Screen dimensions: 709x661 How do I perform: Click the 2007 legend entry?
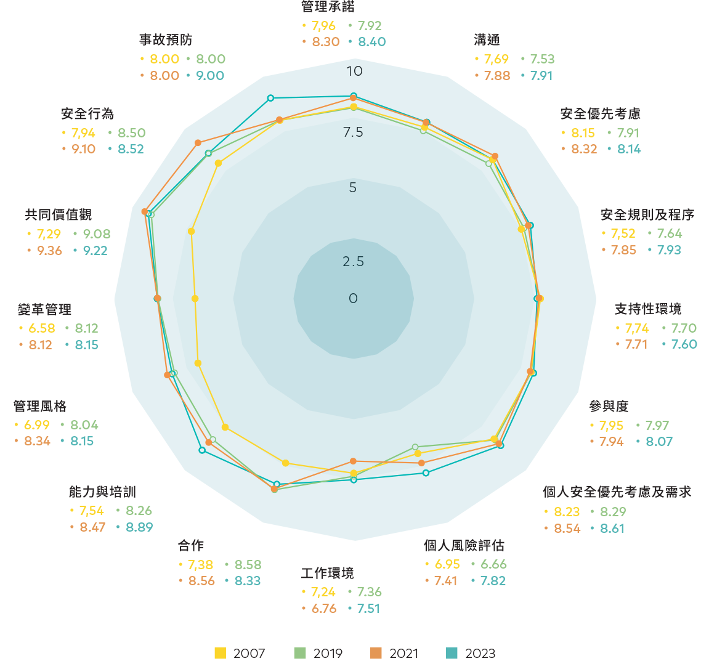(240, 653)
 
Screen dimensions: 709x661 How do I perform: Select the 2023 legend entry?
(471, 653)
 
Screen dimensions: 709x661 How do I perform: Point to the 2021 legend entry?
(394, 653)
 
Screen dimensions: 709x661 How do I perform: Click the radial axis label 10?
(355, 71)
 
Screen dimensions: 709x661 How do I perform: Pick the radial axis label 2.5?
(353, 261)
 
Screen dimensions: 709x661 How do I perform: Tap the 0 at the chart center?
(353, 298)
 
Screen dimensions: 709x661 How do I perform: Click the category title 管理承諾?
(328, 7)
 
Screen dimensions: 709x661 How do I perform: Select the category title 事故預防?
(166, 40)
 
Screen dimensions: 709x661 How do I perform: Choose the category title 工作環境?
(327, 574)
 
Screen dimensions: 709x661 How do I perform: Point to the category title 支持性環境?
(648, 309)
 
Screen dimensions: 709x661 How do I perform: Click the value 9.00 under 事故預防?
(210, 76)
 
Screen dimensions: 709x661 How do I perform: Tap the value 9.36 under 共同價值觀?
(49, 251)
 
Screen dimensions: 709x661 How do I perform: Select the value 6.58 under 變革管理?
(42, 328)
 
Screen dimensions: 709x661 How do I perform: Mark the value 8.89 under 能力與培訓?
(139, 527)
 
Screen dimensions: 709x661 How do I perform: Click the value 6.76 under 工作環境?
(324, 609)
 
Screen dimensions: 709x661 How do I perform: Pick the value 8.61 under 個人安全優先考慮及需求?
(612, 529)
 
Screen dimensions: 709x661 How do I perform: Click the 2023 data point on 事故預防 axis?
(270, 98)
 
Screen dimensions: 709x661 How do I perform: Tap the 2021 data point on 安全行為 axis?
(198, 143)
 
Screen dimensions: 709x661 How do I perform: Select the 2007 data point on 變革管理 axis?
(195, 298)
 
